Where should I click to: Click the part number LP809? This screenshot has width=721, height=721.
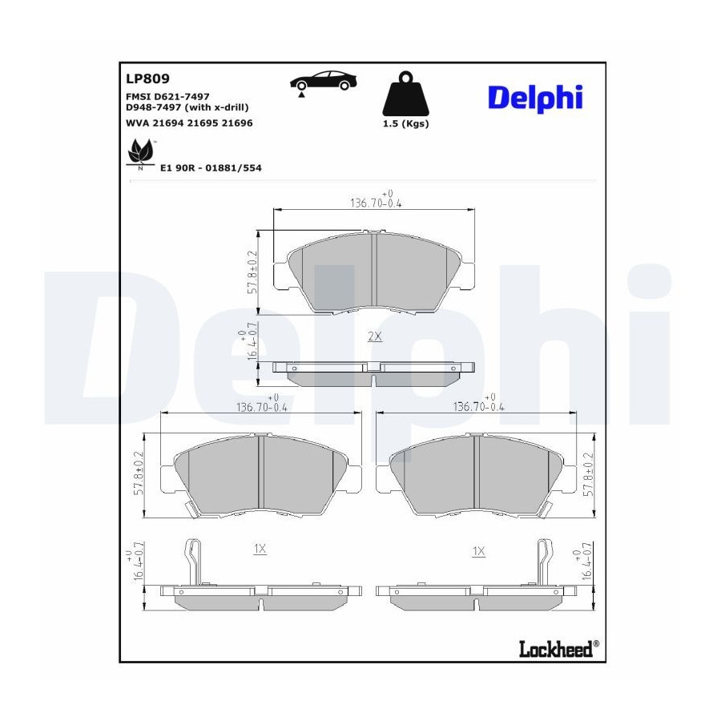pyautogui.click(x=147, y=79)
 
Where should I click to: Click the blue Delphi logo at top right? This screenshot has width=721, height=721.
pyautogui.click(x=535, y=98)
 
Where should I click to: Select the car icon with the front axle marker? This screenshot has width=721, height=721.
pyautogui.click(x=324, y=83)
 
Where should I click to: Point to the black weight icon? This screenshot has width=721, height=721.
pyautogui.click(x=405, y=94)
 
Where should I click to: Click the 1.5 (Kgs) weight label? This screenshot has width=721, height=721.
pyautogui.click(x=405, y=123)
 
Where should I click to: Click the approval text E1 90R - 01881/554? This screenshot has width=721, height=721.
pyautogui.click(x=211, y=168)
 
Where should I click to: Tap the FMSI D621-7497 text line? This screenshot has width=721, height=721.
pyautogui.click(x=167, y=97)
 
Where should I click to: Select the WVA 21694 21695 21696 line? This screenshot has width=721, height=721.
pyautogui.click(x=189, y=123)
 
